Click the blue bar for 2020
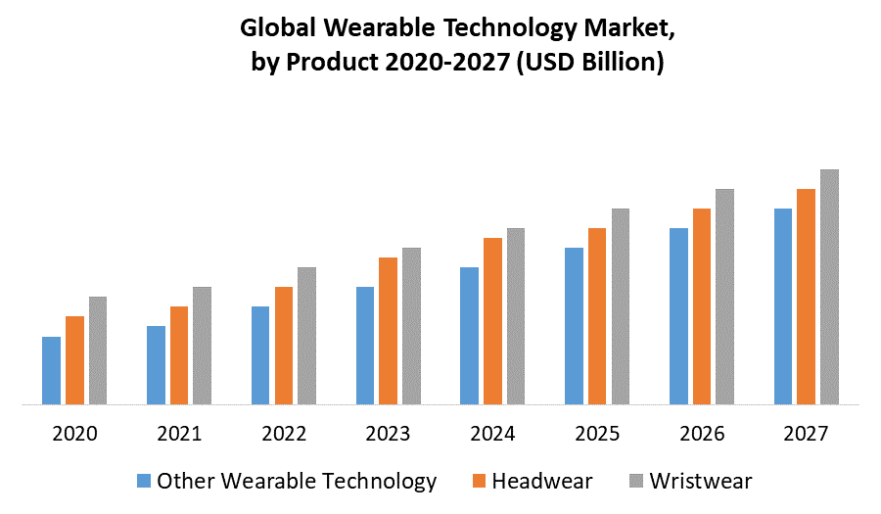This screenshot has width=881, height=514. click(51, 370)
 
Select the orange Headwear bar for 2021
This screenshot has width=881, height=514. click(179, 354)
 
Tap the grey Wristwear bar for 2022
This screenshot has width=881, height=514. click(306, 335)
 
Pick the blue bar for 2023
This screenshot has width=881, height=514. click(365, 345)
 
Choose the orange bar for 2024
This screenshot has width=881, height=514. click(492, 320)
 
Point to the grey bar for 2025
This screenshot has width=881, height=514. click(620, 305)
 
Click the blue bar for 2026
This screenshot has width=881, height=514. click(678, 315)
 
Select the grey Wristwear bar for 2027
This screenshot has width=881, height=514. click(829, 286)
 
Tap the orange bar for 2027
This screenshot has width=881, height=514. click(806, 296)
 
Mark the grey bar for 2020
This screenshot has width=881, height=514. click(97, 350)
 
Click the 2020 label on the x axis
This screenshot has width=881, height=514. click(74, 433)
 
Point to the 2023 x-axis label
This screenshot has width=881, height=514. click(388, 433)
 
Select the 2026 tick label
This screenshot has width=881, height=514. click(702, 433)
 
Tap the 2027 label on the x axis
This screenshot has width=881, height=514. click(807, 433)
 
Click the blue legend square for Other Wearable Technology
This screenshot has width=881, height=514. click(144, 482)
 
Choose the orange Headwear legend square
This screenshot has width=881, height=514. click(479, 482)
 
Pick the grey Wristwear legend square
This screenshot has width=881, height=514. click(635, 482)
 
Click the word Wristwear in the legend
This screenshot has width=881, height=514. click(701, 481)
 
